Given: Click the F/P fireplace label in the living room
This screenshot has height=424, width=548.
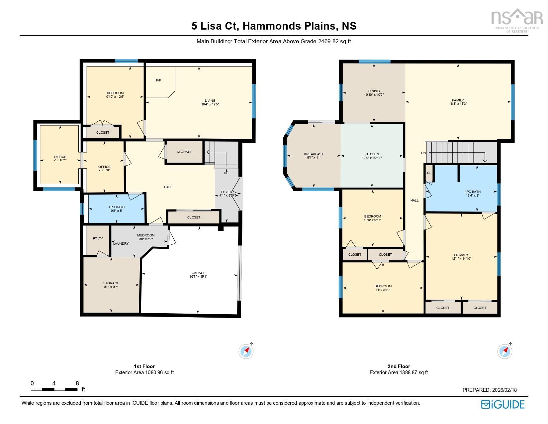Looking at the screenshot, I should pos(159,80).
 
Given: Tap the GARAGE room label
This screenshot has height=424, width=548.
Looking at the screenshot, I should pos(198,273).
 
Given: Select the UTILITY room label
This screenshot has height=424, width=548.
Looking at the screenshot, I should pos(98,238).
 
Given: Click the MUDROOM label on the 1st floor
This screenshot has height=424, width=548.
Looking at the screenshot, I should pos(146,235).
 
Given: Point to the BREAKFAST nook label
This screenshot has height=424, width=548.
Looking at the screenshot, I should pos(314,154).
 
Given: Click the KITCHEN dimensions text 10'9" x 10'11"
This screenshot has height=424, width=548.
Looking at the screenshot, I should pos(372,158).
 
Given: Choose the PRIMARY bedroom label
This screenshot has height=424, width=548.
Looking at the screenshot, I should pos(461,255).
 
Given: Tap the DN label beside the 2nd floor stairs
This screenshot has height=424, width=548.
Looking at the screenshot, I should pos(423,153).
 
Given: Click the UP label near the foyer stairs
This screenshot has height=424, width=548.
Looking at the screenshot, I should pos(226,173).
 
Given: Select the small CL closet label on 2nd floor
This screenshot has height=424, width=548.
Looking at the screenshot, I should pos(429,173).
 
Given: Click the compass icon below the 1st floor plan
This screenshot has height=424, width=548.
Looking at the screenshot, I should pos(246,351).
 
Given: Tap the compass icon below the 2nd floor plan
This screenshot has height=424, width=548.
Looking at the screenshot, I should pos(504,351).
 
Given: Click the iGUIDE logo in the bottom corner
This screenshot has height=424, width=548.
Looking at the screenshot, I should pos(502,404).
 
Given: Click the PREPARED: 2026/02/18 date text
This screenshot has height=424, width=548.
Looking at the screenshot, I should pos(490,390).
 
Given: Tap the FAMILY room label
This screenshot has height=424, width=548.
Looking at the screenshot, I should pos(458,100).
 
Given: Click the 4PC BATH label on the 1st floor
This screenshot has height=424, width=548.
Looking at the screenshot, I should pos(116,207).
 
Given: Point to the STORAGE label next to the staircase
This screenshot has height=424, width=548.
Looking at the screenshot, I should pos(184,152).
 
